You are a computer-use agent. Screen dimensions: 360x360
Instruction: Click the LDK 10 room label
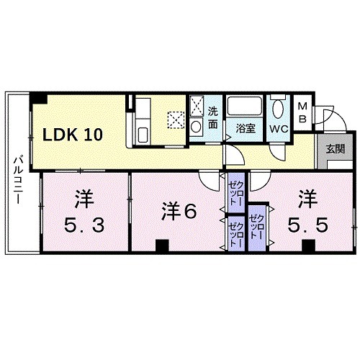click(x=75, y=134)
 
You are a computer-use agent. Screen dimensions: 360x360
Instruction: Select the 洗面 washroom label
click(x=213, y=117)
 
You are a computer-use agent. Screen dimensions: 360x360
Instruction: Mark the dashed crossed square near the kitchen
click(x=176, y=119)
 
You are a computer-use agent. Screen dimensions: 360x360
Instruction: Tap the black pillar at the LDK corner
click(x=42, y=98)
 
